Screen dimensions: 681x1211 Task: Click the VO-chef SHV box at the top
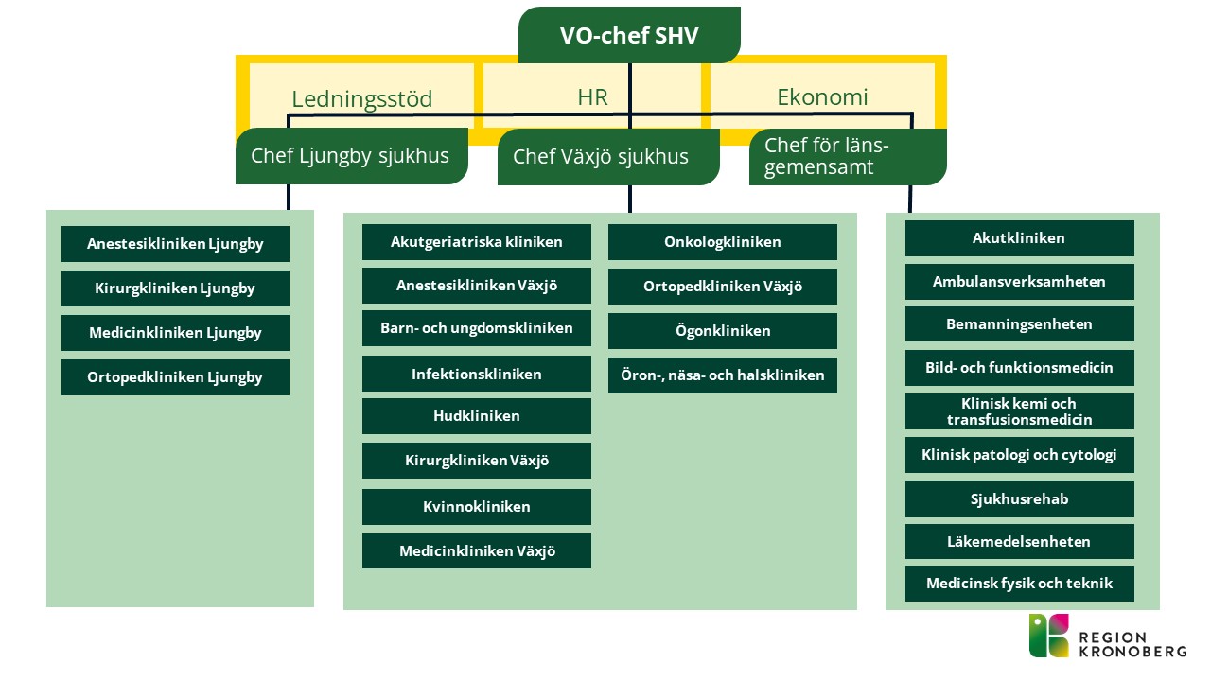(629, 36)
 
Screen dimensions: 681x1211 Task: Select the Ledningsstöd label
(361, 99)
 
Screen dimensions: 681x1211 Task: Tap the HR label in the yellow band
(592, 96)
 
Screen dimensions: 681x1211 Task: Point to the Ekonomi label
(822, 96)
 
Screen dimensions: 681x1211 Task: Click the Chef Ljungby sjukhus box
(351, 156)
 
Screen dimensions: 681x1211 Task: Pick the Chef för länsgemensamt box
(847, 157)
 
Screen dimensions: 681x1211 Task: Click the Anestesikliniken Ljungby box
(175, 244)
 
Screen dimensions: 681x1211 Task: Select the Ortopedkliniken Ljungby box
(175, 377)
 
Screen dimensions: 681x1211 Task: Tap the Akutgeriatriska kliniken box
(476, 242)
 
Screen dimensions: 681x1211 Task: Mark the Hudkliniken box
(476, 416)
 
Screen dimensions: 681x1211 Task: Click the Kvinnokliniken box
(476, 507)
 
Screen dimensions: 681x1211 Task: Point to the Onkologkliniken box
(722, 242)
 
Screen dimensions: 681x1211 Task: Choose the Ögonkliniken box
(722, 331)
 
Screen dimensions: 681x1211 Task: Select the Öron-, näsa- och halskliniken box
(722, 375)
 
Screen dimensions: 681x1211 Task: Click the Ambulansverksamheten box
(1019, 282)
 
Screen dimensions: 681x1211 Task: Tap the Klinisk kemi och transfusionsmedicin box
(1019, 411)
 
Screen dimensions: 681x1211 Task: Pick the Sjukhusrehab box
(1019, 499)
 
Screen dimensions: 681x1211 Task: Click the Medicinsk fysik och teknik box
(1019, 584)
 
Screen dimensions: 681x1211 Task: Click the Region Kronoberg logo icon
(1049, 635)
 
